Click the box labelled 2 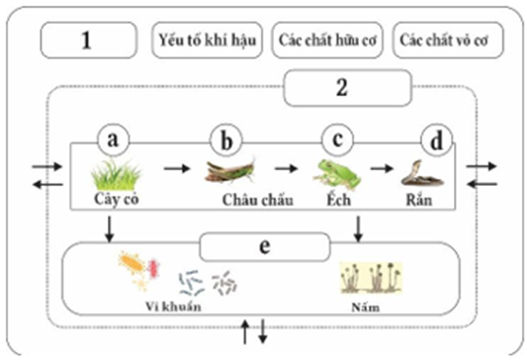click(x=343, y=87)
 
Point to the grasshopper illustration click(x=231, y=172)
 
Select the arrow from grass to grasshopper click(x=176, y=167)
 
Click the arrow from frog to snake click(x=382, y=167)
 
